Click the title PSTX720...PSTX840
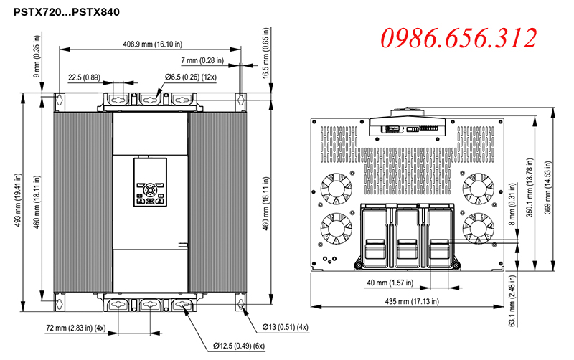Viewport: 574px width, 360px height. tap(66, 12)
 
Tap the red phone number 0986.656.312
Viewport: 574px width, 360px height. tap(458, 38)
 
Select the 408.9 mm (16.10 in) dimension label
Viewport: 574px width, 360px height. tap(152, 44)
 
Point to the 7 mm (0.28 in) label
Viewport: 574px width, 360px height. tap(202, 60)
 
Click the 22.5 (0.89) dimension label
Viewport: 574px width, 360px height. tap(84, 77)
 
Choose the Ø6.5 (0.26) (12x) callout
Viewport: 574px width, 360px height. tap(190, 77)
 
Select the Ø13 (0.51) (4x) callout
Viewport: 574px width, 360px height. tap(285, 327)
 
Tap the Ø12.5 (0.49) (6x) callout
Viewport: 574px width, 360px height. tap(239, 346)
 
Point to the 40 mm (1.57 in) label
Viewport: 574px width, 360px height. tap(390, 283)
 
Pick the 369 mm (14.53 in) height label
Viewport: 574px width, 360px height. tap(547, 188)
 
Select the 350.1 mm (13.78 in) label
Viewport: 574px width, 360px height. tap(530, 188)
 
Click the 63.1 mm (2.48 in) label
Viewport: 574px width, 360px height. tap(512, 300)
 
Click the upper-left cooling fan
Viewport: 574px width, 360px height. tap(336, 189)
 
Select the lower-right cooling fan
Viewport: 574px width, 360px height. tap(478, 228)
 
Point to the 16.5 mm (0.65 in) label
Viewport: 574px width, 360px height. tap(265, 53)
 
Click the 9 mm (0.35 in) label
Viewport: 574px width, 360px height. tap(37, 57)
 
